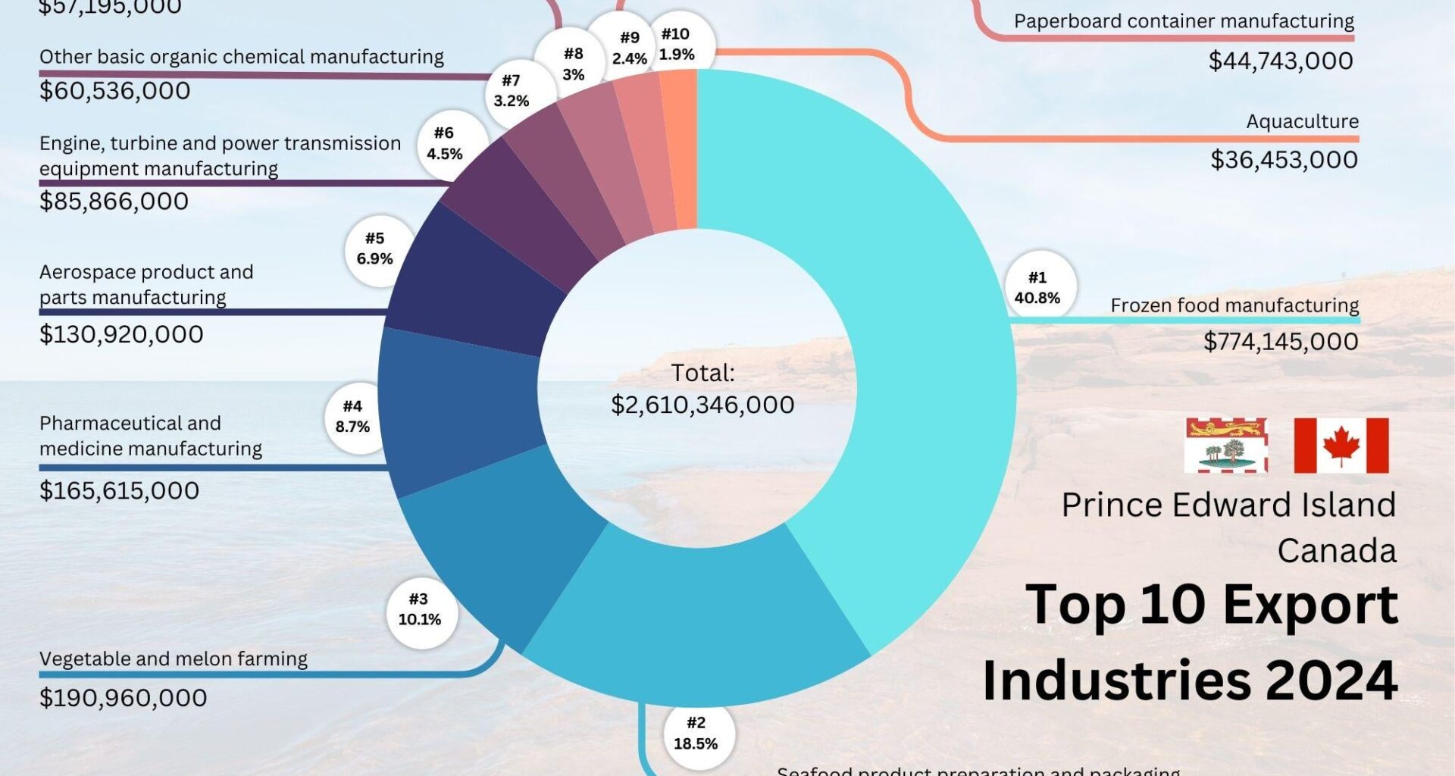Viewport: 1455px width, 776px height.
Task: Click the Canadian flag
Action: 1341,446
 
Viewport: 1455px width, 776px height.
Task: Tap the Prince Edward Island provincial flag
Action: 1225,446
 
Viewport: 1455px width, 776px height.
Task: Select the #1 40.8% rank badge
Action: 1039,288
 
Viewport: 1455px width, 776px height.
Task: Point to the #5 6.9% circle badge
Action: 376,249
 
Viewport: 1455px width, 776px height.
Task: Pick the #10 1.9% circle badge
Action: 676,45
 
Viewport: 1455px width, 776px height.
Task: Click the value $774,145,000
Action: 1281,342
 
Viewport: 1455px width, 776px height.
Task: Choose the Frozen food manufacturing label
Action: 1234,305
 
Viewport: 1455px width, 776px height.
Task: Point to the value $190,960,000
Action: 123,698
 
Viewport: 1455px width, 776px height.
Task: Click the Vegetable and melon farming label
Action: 174,659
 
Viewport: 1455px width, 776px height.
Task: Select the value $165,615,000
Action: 119,491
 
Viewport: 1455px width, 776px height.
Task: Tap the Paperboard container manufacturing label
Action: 1184,21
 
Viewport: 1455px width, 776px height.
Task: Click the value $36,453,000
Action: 1284,160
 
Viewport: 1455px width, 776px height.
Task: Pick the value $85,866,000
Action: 114,202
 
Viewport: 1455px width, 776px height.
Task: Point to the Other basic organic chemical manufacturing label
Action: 242,57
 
